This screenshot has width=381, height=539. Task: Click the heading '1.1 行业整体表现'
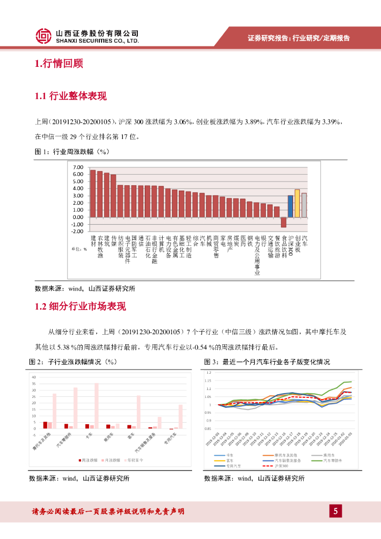pyautogui.click(x=70, y=96)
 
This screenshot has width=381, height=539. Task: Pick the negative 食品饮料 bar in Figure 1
pyautogui.click(x=284, y=222)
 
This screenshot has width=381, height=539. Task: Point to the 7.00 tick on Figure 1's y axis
pyautogui.click(x=78, y=167)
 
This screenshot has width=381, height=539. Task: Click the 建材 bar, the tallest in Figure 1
pyautogui.click(x=93, y=193)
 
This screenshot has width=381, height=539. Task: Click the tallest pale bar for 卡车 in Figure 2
pyautogui.click(x=96, y=405)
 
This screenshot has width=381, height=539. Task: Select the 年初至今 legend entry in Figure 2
pyautogui.click(x=135, y=460)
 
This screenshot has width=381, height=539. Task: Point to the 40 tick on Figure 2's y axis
pyautogui.click(x=34, y=377)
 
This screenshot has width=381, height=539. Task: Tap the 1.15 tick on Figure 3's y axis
pyautogui.click(x=208, y=381)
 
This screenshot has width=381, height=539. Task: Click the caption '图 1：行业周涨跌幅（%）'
pyautogui.click(x=71, y=152)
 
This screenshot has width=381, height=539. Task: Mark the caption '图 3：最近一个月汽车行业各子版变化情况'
pyautogui.click(x=267, y=362)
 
